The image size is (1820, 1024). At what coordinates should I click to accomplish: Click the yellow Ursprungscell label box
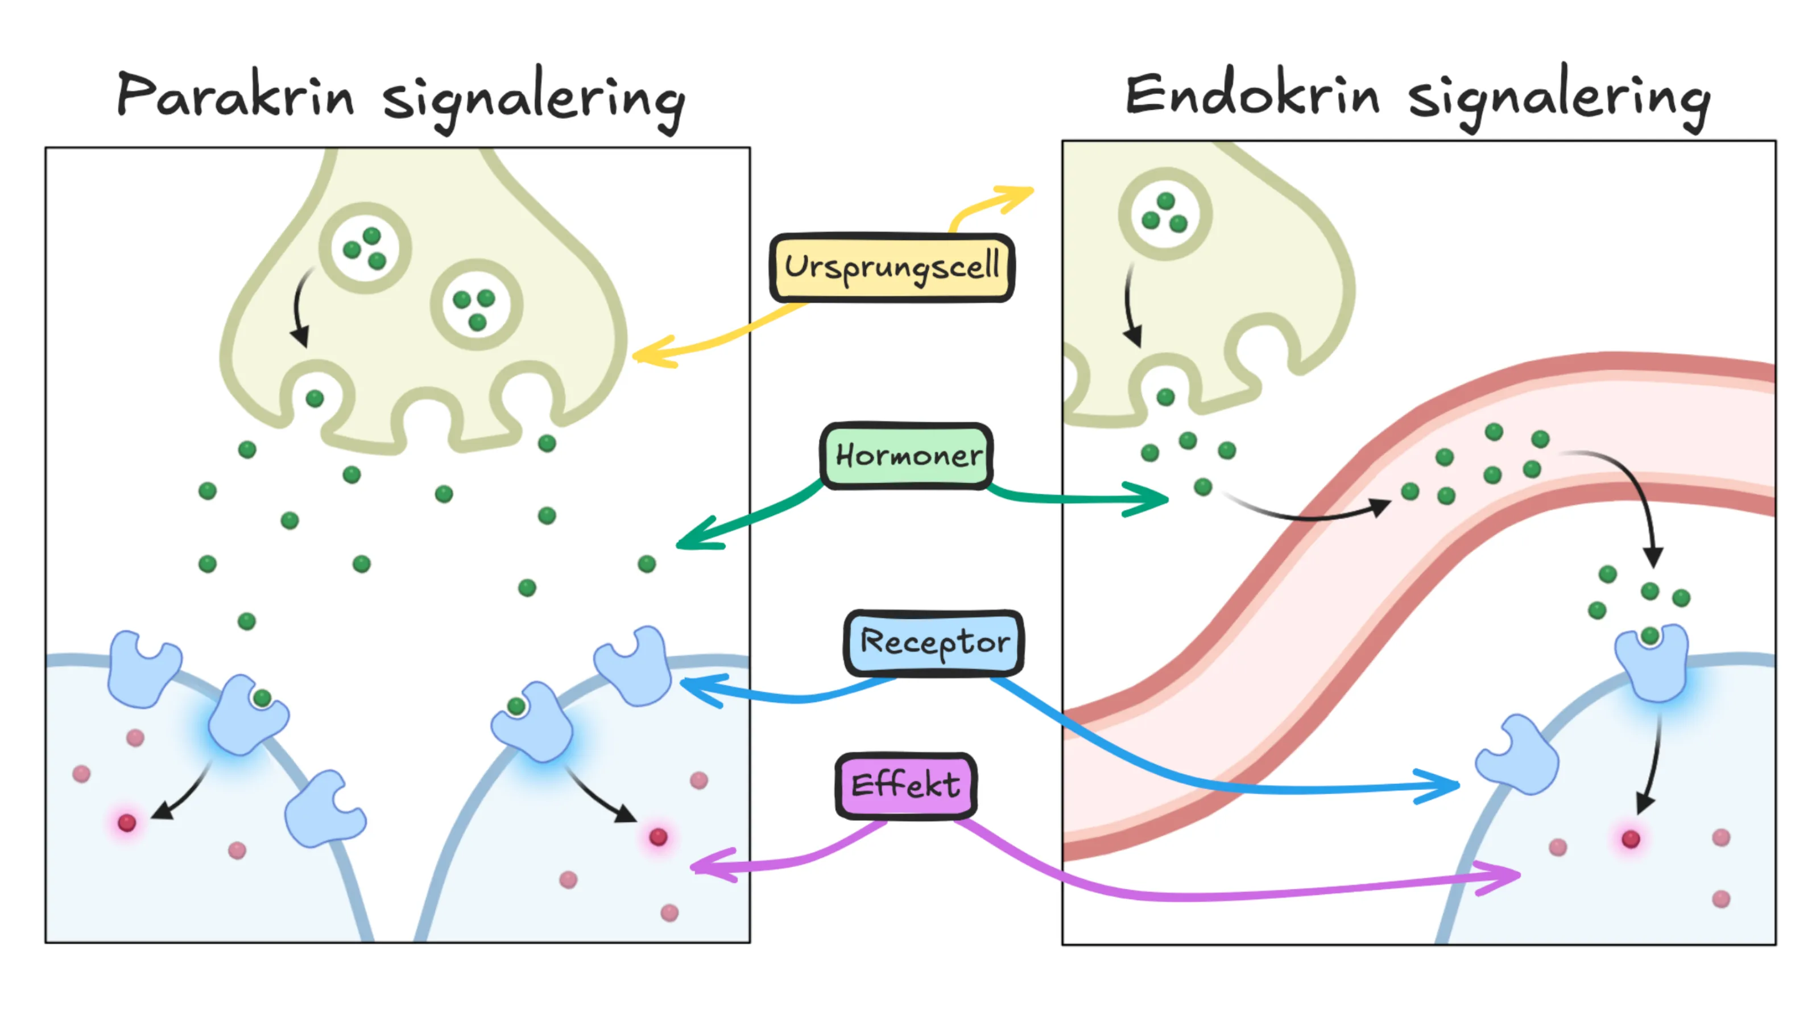coord(892,267)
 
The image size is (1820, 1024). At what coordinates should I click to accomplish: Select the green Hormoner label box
coord(907,456)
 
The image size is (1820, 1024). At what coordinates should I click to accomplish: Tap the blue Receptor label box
coord(933,642)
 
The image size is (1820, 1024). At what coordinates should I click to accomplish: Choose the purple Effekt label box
coord(906,785)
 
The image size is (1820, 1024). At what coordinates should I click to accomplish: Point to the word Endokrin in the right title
coord(1251,96)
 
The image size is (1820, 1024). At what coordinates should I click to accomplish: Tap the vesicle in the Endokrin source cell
coord(1165,213)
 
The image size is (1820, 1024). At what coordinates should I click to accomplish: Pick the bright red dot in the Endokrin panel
coord(1631,839)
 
